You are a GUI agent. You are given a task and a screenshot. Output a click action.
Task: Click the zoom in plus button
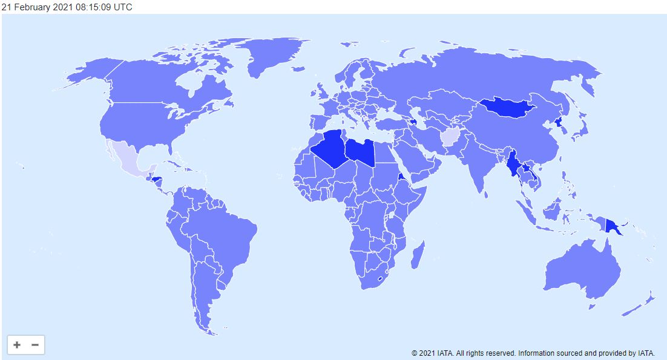(17, 345)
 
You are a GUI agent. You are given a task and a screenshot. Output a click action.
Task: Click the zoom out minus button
(35, 345)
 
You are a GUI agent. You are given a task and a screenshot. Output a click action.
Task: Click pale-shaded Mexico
(130, 159)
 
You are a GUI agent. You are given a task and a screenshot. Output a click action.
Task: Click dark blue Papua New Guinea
(615, 227)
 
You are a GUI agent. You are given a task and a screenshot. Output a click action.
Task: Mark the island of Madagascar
(417, 255)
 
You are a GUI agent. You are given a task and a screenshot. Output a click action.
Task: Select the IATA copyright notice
(533, 353)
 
